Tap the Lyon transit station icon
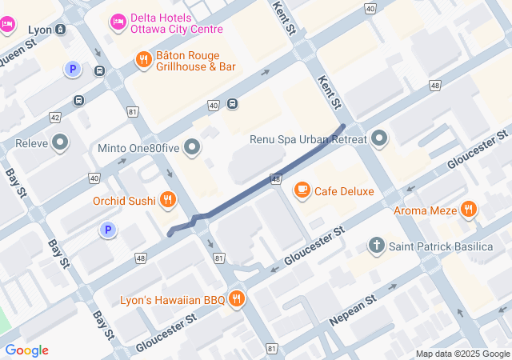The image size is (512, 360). click(x=61, y=30)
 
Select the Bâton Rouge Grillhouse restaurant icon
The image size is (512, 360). click(x=143, y=59)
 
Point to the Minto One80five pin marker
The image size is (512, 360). click(x=192, y=147)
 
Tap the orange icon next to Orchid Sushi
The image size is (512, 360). click(x=167, y=200)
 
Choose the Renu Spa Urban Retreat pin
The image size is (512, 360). click(x=379, y=139)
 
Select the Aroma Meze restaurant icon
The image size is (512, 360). click(x=469, y=210)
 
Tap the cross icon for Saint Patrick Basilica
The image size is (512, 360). click(x=378, y=246)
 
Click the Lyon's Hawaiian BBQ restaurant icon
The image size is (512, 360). click(x=236, y=300)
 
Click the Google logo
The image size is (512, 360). click(x=26, y=350)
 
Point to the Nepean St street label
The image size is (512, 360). click(x=352, y=310)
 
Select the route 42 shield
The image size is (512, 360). click(x=55, y=117)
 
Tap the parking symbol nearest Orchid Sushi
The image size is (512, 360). click(x=106, y=230)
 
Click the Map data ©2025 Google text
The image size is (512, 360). click(x=462, y=354)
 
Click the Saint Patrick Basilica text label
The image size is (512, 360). click(x=441, y=246)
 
